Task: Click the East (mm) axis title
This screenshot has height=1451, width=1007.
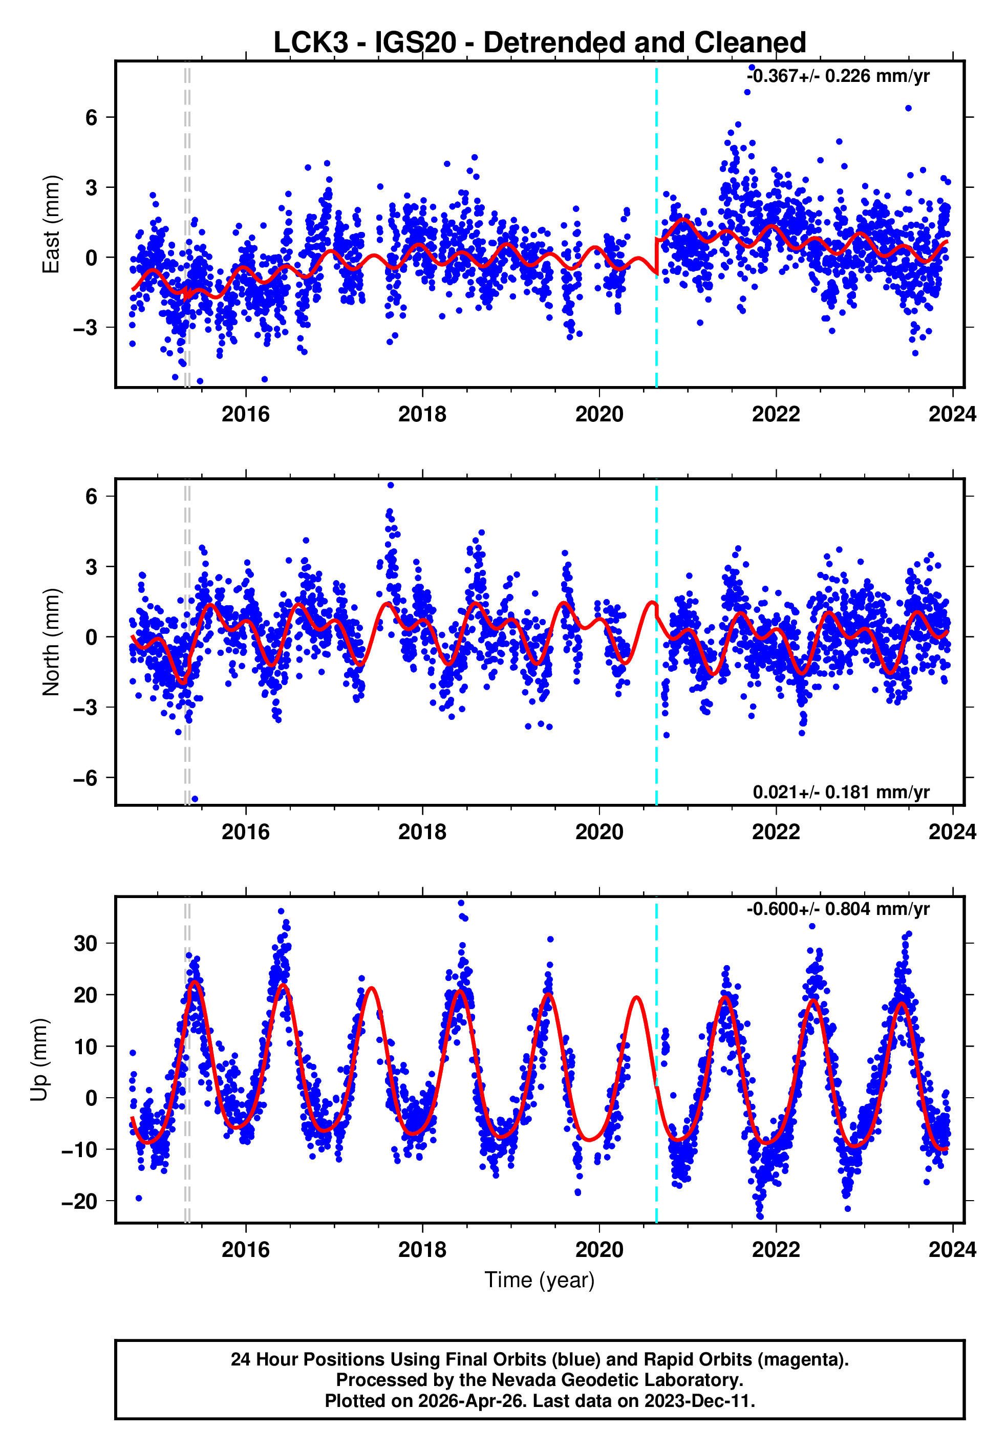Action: (x=51, y=224)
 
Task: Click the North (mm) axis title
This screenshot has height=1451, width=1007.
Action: (x=51, y=642)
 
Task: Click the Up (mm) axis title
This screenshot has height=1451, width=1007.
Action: (x=39, y=1059)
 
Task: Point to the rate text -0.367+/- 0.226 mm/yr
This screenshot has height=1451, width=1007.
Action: (x=838, y=76)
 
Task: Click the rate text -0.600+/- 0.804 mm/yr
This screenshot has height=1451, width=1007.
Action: (x=838, y=909)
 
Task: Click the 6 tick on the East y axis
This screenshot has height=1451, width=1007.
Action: (x=92, y=117)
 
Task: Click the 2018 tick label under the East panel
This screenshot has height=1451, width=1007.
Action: (x=422, y=415)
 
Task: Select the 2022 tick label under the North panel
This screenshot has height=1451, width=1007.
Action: (x=776, y=832)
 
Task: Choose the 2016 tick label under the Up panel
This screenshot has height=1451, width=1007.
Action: (x=245, y=1250)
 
